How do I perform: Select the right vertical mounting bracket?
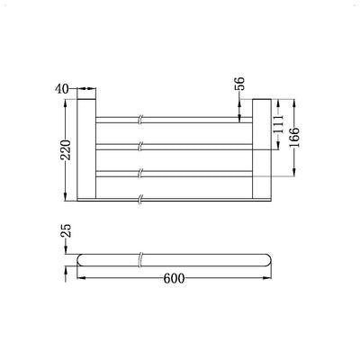[x=262, y=148]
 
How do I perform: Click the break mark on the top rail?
[x=140, y=118]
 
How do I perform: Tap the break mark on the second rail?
[x=140, y=144]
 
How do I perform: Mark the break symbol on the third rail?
[x=140, y=170]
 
